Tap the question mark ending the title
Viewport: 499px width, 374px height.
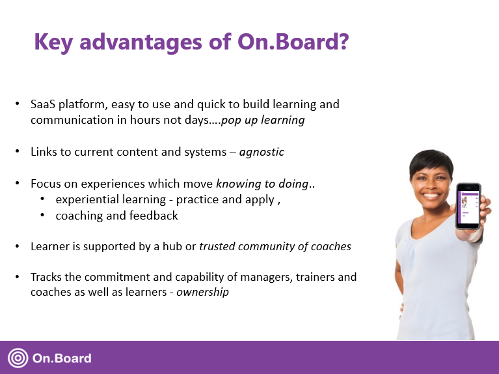(341, 42)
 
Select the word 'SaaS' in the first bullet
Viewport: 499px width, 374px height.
(43, 104)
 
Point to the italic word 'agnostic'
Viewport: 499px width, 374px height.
(262, 152)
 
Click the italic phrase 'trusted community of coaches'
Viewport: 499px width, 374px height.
(275, 246)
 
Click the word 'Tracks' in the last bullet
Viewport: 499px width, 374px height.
(46, 277)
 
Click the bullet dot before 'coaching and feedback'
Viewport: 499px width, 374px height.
(42, 215)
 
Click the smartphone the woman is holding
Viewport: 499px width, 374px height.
(468, 205)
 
